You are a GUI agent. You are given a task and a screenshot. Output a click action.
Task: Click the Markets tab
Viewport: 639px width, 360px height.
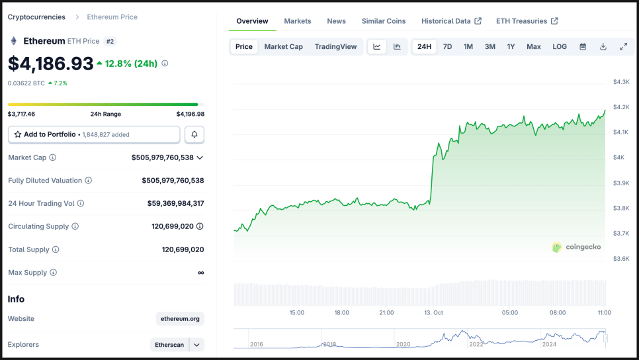point(297,21)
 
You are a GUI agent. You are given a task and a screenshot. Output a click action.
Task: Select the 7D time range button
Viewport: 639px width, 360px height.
point(447,47)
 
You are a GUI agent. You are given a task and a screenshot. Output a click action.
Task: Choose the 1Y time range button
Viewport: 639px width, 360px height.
point(511,47)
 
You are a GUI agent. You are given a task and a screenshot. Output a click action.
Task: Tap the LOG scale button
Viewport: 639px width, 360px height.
point(560,47)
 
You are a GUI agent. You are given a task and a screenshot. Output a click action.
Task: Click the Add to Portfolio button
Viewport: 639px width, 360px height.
point(94,134)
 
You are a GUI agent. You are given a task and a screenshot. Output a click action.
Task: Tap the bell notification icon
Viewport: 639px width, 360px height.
point(194,134)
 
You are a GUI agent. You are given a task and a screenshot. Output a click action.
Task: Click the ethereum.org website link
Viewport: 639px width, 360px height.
point(180,319)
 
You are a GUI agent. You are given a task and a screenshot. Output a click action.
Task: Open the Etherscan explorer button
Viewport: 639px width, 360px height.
point(170,345)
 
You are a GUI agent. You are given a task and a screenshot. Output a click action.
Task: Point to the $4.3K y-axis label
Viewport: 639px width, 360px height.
point(621,82)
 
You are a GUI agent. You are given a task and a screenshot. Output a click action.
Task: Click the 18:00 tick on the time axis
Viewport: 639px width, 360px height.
point(341,312)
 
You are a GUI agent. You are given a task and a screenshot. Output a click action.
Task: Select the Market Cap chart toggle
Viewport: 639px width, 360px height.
point(283,47)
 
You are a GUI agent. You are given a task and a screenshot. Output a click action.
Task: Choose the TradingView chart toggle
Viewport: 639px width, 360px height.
point(335,47)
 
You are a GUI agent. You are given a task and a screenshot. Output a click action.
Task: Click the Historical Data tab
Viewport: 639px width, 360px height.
point(451,21)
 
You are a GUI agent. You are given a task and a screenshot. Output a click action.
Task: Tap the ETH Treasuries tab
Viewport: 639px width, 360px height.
point(527,21)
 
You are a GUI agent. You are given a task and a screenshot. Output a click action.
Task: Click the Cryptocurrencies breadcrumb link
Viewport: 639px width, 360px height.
point(36,17)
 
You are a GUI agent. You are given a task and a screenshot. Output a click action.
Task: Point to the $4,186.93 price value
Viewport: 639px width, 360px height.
point(51,64)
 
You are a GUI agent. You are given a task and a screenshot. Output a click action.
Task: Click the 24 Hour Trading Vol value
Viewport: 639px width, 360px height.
point(175,204)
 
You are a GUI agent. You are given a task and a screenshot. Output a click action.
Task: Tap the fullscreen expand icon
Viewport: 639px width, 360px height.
point(623,47)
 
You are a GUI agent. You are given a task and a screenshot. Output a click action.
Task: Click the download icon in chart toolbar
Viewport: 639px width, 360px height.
point(603,47)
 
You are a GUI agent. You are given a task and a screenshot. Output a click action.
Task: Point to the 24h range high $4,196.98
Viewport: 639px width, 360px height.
point(190,114)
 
